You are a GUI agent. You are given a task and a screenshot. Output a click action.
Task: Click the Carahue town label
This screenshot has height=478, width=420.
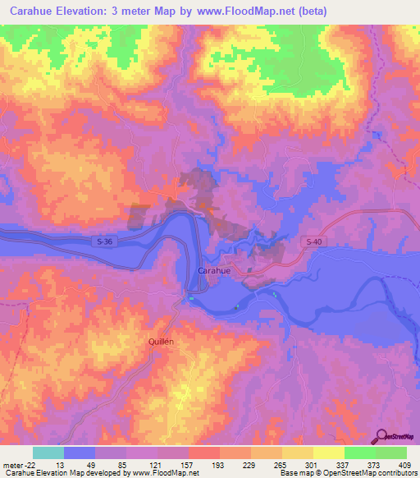point(214,270)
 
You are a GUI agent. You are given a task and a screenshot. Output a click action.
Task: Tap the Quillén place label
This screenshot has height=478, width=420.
point(162,340)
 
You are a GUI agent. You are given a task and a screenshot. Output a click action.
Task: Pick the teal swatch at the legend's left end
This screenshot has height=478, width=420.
point(48,453)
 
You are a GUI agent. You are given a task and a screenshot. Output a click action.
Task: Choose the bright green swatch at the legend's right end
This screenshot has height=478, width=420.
point(391,453)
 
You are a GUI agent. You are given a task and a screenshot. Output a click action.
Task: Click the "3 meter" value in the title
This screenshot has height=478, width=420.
point(144,11)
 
